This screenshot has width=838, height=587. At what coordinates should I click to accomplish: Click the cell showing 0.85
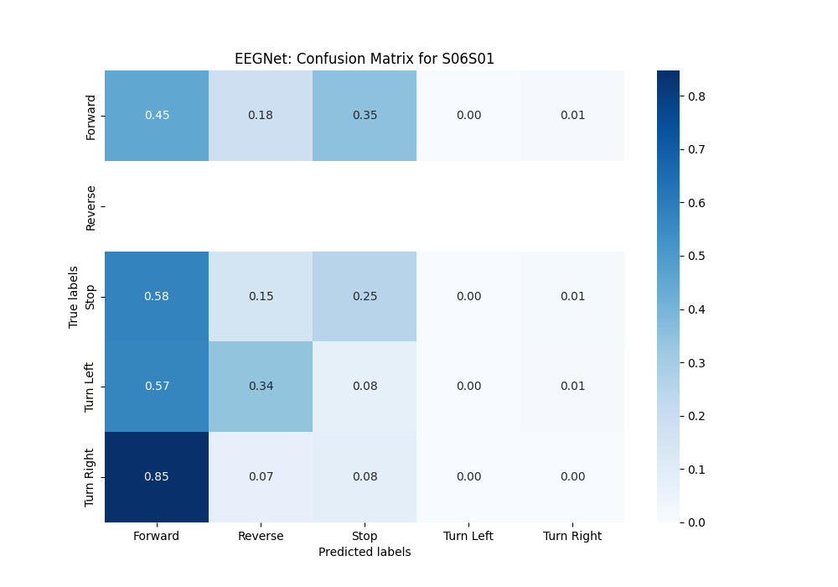coord(157,477)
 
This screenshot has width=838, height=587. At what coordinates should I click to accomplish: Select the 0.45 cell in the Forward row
coord(157,116)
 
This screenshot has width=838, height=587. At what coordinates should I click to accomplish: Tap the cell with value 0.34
coord(261,387)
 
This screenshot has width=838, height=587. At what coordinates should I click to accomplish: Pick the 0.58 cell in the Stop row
coord(157,296)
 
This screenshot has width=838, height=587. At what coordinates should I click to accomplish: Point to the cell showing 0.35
coord(365,116)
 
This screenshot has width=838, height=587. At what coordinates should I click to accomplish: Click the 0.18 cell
coord(261,116)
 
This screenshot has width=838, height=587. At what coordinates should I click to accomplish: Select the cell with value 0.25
coord(365,296)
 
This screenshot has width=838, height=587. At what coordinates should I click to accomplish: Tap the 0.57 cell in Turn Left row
coord(157,387)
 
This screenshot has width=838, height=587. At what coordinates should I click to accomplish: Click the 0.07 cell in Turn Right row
coord(261,477)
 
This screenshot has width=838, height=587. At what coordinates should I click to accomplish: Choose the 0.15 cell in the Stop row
coord(261,296)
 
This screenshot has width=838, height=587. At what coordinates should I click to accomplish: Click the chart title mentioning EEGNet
coord(365,59)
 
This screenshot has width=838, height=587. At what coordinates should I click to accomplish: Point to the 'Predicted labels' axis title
coord(365,552)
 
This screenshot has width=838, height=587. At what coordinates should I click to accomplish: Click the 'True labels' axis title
coord(75,296)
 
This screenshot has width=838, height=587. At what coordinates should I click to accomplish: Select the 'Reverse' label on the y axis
coord(91,207)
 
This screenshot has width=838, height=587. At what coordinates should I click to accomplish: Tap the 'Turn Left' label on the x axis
coord(468,536)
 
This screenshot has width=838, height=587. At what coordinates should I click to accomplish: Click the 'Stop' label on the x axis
coord(365,536)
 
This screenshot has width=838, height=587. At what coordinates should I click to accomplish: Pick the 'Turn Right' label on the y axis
coord(91,477)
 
